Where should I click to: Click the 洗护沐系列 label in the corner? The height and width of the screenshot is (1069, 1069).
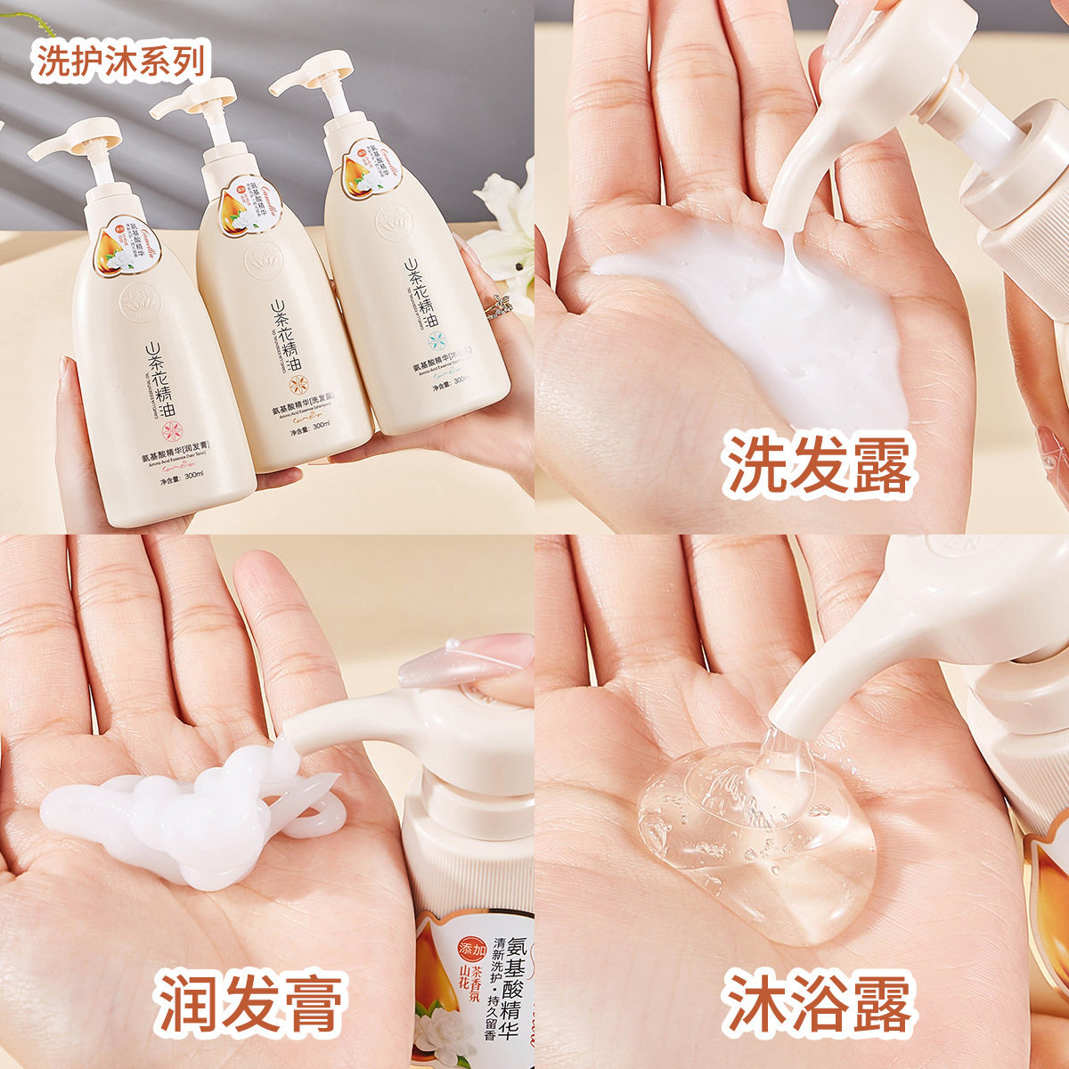(121, 61)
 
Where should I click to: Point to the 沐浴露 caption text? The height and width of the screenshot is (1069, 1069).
(818, 1005)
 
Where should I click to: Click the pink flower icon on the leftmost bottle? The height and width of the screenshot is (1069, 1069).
(164, 416)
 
